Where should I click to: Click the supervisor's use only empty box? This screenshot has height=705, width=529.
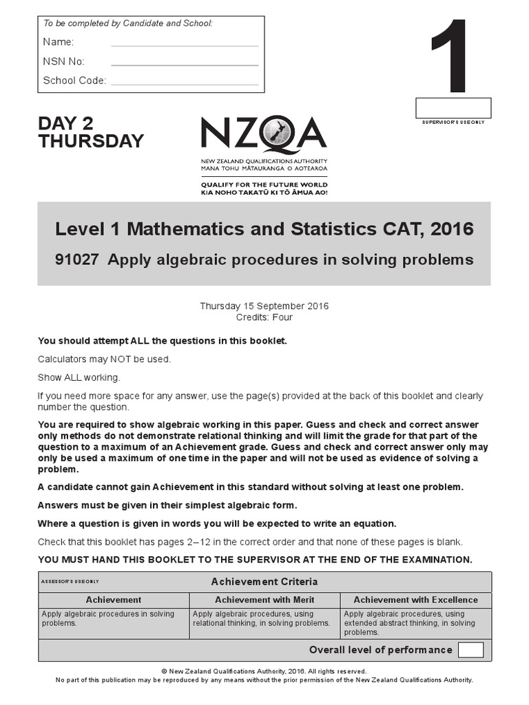pos(453,107)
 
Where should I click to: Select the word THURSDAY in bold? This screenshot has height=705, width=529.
pos(91,141)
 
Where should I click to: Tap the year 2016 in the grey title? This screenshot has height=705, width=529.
pos(449,229)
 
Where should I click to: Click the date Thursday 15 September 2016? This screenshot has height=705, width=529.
pos(264,306)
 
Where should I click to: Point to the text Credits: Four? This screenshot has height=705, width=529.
pos(264,317)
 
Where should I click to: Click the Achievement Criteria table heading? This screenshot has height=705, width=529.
pos(264,582)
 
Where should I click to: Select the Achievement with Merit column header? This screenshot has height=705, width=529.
pos(264,600)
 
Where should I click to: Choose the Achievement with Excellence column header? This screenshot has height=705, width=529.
pos(415,600)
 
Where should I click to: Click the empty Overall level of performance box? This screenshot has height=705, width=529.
pos(470,650)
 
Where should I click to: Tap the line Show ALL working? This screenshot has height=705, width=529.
pos(79,377)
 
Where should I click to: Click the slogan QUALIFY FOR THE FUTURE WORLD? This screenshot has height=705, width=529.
pos(264,185)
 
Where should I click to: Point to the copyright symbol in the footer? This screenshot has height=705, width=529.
pos(165,671)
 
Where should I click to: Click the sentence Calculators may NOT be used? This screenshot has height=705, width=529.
pos(104,359)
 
